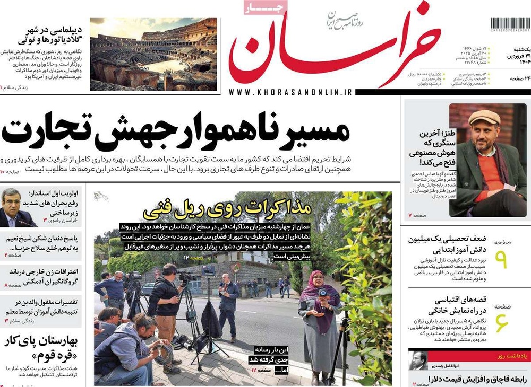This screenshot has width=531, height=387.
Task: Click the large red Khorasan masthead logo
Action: click(335, 50)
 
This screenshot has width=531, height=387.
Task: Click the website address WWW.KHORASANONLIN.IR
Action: click(291, 92)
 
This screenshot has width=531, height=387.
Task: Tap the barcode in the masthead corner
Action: click(510, 25)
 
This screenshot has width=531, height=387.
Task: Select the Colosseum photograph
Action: click(153, 54)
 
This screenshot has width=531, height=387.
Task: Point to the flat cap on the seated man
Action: click(484, 116)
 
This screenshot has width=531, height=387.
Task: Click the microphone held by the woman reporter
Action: click(322, 293)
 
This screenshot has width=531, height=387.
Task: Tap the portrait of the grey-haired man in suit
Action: click(18, 207)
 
